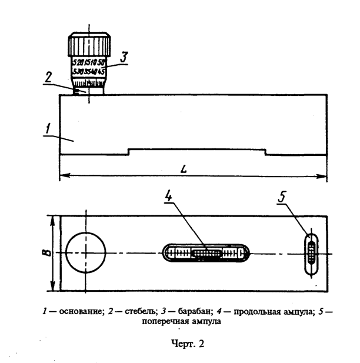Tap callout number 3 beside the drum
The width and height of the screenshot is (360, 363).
123,57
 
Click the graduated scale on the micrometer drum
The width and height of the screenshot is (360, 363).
89,67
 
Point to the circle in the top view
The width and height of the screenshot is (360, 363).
86,252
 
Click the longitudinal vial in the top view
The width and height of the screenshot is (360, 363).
206,254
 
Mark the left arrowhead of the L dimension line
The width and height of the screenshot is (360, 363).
62,175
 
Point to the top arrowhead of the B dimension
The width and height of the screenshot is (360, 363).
53,218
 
